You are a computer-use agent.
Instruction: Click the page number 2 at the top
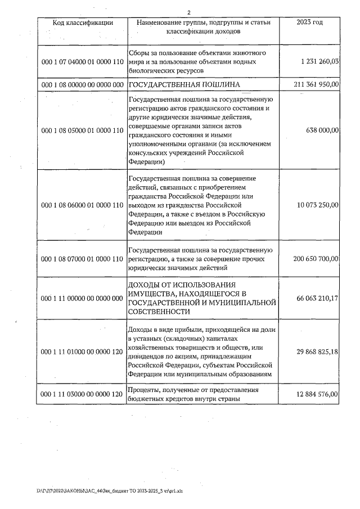tap(188, 12)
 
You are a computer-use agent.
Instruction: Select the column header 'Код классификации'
tap(83, 22)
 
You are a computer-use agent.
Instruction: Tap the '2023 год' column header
tap(309, 22)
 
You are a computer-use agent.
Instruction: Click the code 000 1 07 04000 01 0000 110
tap(83, 61)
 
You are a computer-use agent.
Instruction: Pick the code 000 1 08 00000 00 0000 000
tap(83, 84)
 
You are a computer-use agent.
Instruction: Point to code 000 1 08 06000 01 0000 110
tap(83, 205)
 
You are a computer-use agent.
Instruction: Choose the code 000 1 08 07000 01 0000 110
tap(83, 259)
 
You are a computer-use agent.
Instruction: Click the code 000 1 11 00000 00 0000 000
tap(83, 298)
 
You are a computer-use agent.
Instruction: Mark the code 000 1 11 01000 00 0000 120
tap(83, 351)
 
